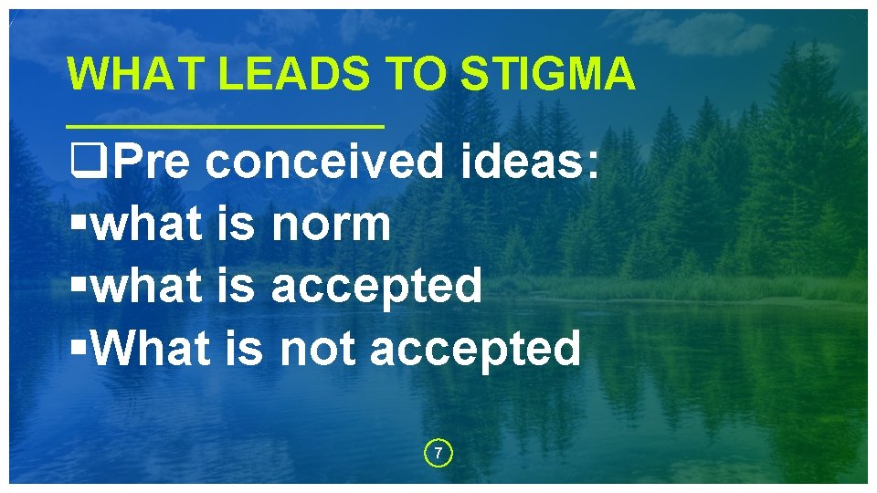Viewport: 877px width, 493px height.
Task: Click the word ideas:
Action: coord(531,163)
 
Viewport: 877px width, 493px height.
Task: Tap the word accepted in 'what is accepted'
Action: coord(376,287)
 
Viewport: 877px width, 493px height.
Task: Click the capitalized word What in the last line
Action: coord(152,347)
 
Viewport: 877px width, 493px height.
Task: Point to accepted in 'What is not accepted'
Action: coord(475,349)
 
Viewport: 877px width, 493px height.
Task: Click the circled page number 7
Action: coord(438,453)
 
